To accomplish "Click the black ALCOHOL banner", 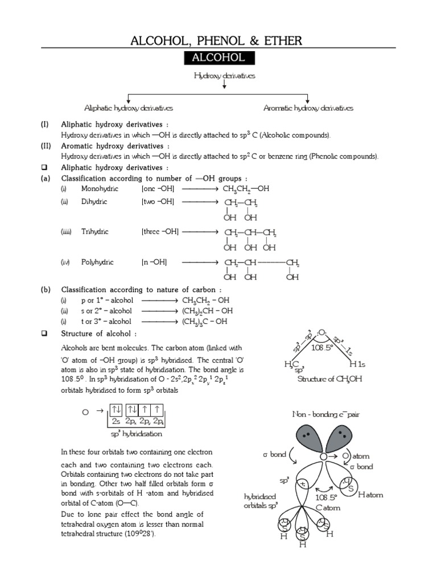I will [x=218, y=58].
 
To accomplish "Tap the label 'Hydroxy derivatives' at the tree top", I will [x=225, y=75].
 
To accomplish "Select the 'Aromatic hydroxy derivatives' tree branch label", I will [x=308, y=108].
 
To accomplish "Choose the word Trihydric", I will [x=94, y=232].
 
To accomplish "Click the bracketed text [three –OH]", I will [x=160, y=232].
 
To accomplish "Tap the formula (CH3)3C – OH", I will [x=204, y=321].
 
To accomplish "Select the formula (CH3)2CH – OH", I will [x=204, y=311].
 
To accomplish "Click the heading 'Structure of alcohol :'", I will [x=99, y=334].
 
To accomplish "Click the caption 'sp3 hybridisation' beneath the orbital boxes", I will [x=136, y=434].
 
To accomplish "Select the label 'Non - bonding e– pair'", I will [x=326, y=414].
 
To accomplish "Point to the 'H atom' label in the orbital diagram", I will [x=370, y=495].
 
